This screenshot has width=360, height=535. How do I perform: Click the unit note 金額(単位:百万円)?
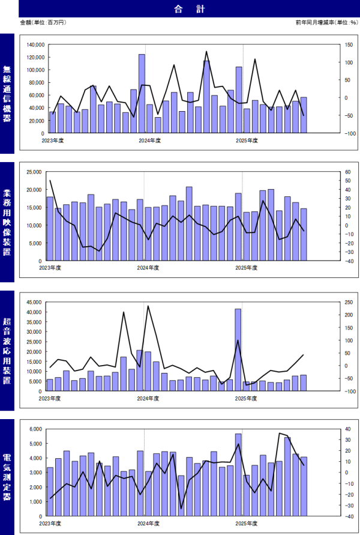coord(42,22)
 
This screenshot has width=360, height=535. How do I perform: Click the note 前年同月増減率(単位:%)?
coord(326,22)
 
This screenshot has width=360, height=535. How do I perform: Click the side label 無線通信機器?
coord(7,94)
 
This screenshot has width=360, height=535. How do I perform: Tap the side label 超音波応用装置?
coord(7,350)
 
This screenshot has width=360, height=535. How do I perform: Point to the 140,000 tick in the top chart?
coord(34,44)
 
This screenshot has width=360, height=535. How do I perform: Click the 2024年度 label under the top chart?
coord(149,141)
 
